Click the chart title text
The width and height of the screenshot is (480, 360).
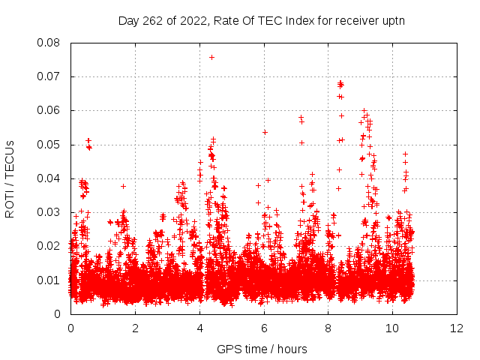coord(261,20)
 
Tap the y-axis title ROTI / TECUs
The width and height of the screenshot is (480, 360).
coord(10,178)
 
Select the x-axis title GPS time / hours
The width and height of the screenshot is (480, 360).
coord(262,349)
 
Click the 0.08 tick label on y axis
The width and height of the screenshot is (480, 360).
coord(52,43)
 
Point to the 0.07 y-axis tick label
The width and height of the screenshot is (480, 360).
coord(52,76)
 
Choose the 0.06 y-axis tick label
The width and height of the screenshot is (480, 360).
coord(52,110)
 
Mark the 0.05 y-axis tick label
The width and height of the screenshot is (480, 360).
coord(52,144)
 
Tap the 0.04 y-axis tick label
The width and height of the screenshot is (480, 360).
coord(52,178)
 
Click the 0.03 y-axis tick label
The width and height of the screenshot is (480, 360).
coord(52,212)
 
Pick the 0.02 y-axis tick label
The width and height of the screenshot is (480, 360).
coord(52,246)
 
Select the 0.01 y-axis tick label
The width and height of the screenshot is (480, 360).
coord(52,280)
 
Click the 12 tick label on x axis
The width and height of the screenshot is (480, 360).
coord(457,328)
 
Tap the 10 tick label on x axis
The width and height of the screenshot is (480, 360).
coord(392,328)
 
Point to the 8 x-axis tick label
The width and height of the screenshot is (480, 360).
coord(328,328)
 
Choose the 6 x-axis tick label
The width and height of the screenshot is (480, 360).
coord(264,328)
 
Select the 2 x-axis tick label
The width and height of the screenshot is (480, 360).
coord(135,328)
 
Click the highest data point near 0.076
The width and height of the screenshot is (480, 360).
coord(211,57)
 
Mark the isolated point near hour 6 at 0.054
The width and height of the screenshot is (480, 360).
coord(265,132)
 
